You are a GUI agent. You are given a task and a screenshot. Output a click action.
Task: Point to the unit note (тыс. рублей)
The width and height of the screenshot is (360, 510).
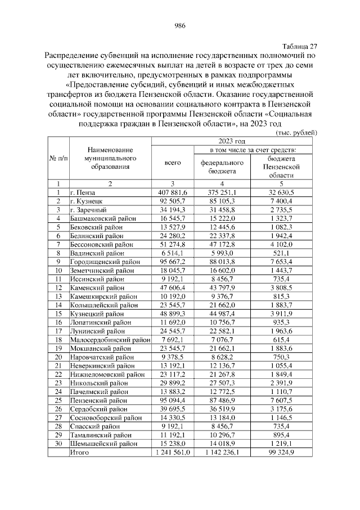click(x=296, y=132)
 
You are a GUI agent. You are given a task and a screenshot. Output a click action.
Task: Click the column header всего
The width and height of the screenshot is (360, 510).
click(x=172, y=162)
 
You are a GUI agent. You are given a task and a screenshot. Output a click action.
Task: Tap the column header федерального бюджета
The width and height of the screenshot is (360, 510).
click(x=222, y=166)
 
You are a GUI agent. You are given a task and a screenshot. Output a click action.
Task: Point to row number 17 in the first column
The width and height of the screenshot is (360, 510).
click(x=57, y=332)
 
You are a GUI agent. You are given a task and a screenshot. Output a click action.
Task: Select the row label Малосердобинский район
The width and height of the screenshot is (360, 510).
click(x=110, y=341)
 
